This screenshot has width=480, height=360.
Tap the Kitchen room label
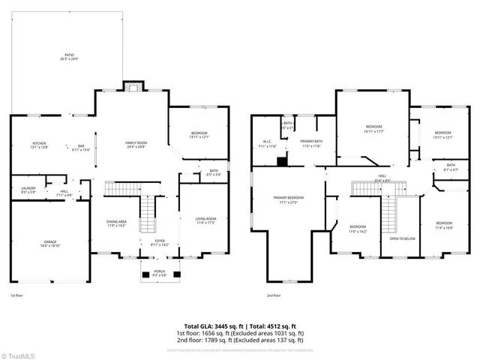(x=39, y=145)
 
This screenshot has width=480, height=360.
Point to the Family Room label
(x=136, y=144)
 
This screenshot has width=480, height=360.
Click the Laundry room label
(x=28, y=189)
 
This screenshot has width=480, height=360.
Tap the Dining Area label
(x=116, y=223)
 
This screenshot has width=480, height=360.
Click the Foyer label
(x=159, y=242)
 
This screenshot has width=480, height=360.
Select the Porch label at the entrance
(x=160, y=272)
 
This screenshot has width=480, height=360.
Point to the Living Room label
(x=205, y=220)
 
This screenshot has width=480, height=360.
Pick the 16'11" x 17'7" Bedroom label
(x=373, y=128)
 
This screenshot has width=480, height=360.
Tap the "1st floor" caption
(x=17, y=296)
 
